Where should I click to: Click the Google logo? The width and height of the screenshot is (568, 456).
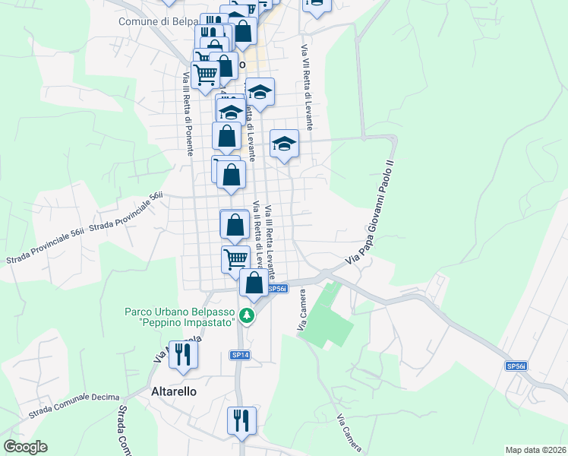[25, 447]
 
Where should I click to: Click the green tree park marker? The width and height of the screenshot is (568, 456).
[246, 315]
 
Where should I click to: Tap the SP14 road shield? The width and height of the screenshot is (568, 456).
[239, 355]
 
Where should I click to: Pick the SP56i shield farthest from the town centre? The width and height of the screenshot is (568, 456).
[516, 366]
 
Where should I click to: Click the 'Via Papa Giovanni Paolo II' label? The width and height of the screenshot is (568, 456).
[371, 212]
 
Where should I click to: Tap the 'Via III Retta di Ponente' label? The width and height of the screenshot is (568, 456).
[185, 114]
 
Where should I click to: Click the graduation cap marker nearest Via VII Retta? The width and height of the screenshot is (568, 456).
[284, 144]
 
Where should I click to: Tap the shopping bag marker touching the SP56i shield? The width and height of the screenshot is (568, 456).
[254, 283]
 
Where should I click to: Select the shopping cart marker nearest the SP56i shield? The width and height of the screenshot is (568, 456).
[235, 258]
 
